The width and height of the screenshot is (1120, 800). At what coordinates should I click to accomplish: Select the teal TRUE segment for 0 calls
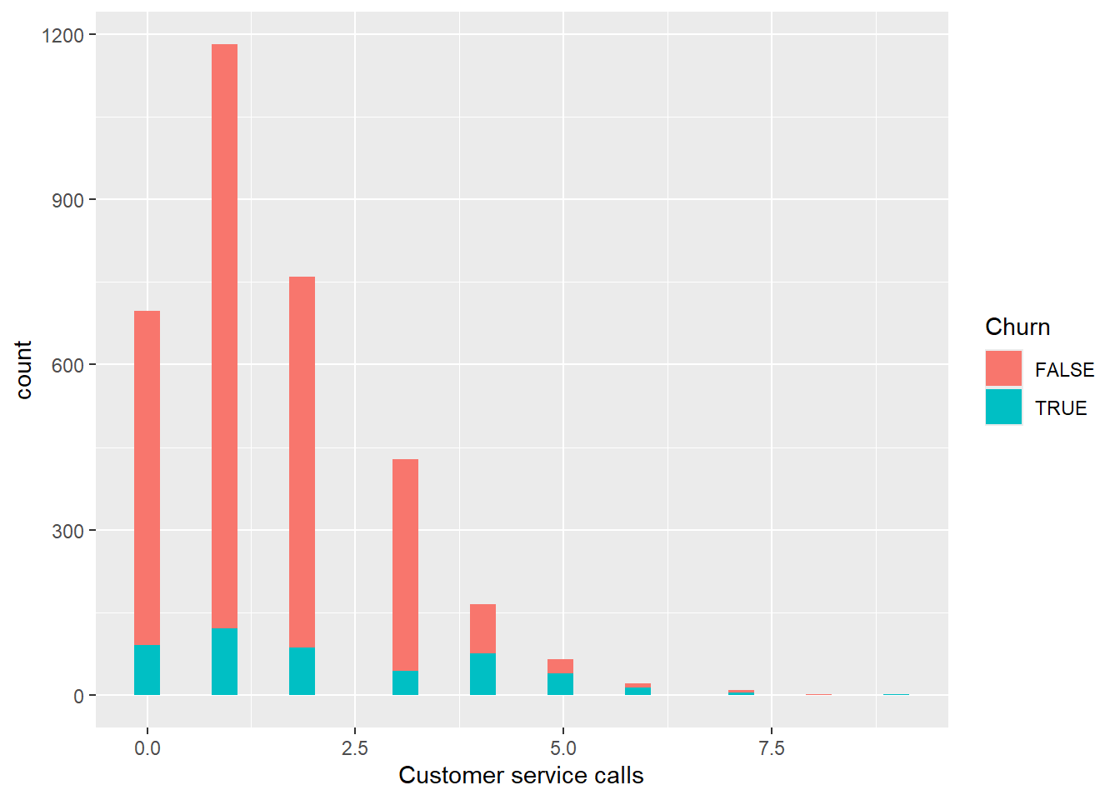point(147,670)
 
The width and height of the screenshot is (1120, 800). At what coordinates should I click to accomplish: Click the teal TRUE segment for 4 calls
point(482,674)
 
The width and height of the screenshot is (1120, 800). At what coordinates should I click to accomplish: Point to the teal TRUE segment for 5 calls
point(560,684)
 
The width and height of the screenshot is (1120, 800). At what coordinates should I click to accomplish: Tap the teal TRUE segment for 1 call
point(224,662)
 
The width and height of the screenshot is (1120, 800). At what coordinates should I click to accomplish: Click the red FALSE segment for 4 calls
point(482,628)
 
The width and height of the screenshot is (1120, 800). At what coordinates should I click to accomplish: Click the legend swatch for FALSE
point(1003,368)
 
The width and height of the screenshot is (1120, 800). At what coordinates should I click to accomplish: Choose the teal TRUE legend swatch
point(1003,407)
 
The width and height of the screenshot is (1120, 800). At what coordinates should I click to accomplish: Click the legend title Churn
point(1017,327)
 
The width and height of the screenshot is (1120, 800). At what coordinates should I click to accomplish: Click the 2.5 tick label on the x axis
point(355,748)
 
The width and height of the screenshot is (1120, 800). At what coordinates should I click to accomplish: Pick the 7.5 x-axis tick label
point(772,748)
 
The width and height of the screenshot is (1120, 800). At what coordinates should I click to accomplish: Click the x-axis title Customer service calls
point(521,775)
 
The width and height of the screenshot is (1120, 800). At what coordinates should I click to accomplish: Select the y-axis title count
point(23,369)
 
